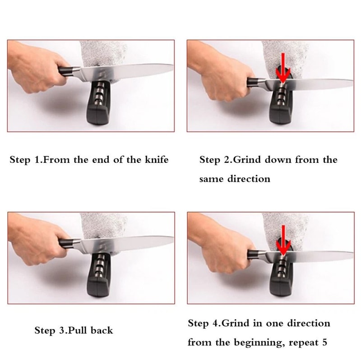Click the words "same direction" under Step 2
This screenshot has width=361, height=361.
click(x=235, y=179)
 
